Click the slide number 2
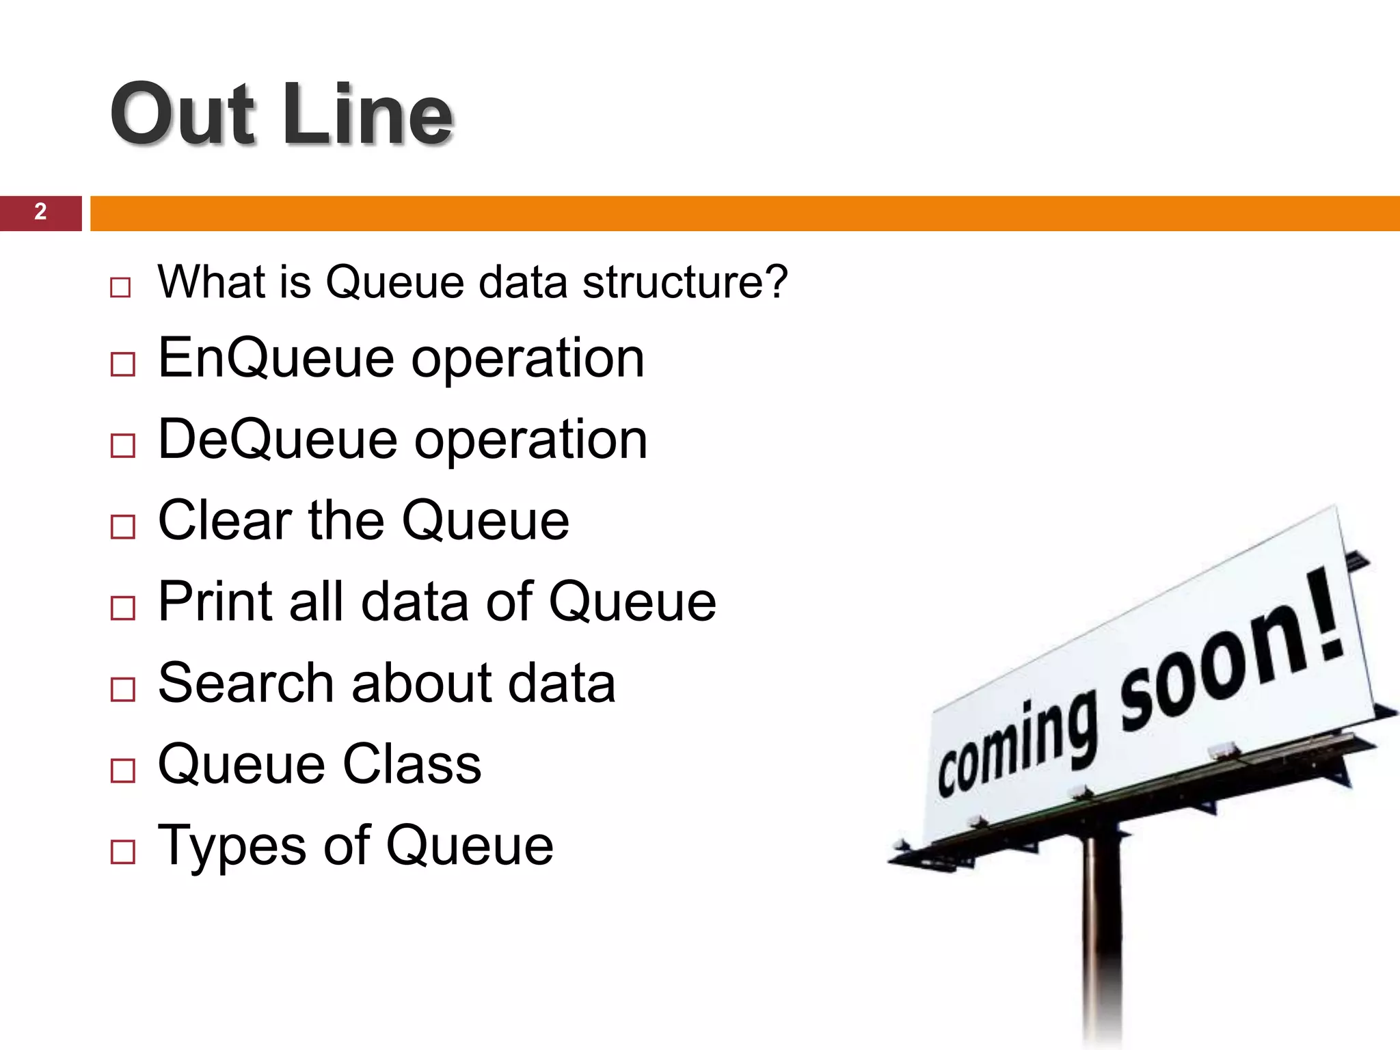pyautogui.click(x=40, y=212)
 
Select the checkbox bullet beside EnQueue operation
pyautogui.click(x=122, y=364)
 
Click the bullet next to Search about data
pyautogui.click(x=122, y=689)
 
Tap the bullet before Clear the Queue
pyautogui.click(x=122, y=526)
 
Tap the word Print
pyautogui.click(x=216, y=602)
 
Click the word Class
pyautogui.click(x=412, y=764)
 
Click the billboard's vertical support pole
pyautogui.click(x=1101, y=943)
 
